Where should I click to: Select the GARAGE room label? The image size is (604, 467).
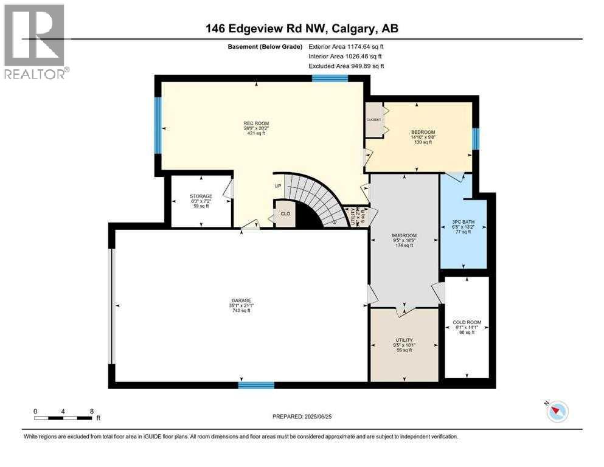tap(240, 300)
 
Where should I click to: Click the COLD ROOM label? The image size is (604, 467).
tap(467, 322)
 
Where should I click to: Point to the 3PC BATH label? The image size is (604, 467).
tap(463, 221)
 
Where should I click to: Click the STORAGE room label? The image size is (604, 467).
tap(201, 196)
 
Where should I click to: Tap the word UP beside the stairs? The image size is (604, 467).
tap(279, 186)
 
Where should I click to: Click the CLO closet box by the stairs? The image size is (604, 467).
tap(284, 214)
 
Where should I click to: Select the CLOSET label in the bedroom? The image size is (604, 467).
tap(373, 120)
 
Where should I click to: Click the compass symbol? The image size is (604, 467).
tap(557, 411)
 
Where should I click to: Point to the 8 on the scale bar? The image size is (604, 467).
tap(91, 412)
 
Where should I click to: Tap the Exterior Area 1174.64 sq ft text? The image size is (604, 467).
tap(346, 46)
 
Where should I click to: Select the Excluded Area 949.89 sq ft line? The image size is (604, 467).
tap(346, 66)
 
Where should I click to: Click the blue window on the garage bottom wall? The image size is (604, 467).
tap(256, 385)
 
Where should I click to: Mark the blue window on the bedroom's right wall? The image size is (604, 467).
tap(476, 139)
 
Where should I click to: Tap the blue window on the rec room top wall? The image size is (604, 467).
tap(330, 78)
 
